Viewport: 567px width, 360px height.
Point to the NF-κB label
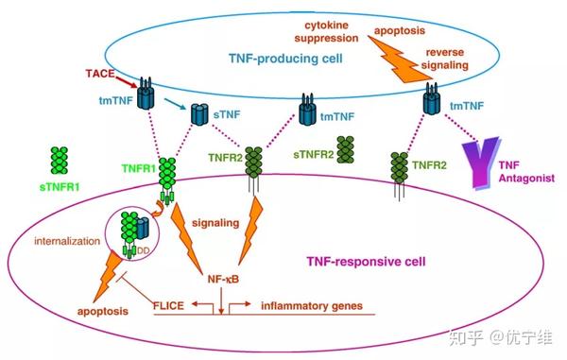(220, 280)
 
